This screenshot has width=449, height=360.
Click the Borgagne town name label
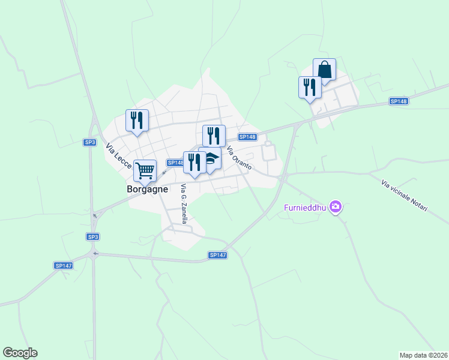[x=147, y=188]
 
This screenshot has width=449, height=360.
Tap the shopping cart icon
[x=145, y=170]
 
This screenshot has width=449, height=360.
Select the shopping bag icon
[x=324, y=70]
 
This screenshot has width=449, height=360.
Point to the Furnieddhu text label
[x=306, y=208]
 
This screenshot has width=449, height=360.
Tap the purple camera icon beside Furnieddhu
[x=336, y=208]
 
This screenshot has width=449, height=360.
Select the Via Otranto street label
[x=239, y=158]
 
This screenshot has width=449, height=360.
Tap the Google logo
[x=20, y=353]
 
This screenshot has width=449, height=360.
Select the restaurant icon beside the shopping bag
[x=310, y=87]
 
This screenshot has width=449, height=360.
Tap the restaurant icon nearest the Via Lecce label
[x=137, y=120]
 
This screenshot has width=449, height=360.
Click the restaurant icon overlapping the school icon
[x=194, y=161]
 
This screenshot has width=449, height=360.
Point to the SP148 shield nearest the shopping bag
[x=399, y=101]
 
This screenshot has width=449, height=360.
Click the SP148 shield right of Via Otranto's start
[x=247, y=137]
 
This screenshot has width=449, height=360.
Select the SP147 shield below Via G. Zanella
[x=218, y=255]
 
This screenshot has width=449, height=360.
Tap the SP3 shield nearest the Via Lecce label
[x=89, y=142]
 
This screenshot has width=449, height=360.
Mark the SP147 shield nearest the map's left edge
[x=63, y=265]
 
